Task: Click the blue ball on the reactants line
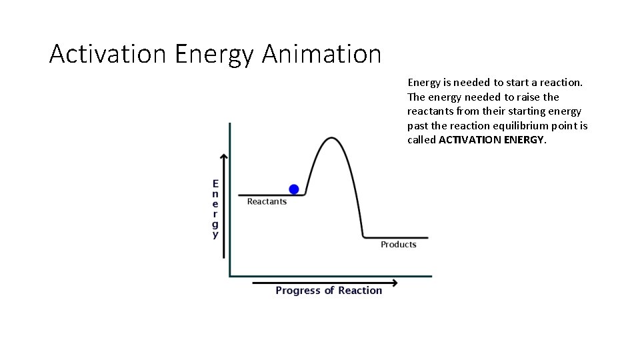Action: pyautogui.click(x=294, y=189)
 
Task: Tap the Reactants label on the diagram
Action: pyautogui.click(x=267, y=201)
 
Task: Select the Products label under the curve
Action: pyautogui.click(x=398, y=245)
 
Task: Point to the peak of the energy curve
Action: pyautogui.click(x=331, y=139)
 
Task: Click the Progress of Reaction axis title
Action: pyautogui.click(x=329, y=291)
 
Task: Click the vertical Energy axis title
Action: pyautogui.click(x=215, y=209)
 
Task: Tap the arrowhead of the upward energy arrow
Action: pyautogui.click(x=223, y=158)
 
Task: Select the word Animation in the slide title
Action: pyautogui.click(x=321, y=54)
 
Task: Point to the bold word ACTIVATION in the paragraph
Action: pyautogui.click(x=467, y=140)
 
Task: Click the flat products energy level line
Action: pyautogui.click(x=397, y=237)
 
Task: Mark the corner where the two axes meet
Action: pyautogui.click(x=230, y=275)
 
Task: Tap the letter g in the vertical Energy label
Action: pyautogui.click(x=215, y=225)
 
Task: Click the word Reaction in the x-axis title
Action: pyautogui.click(x=360, y=291)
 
